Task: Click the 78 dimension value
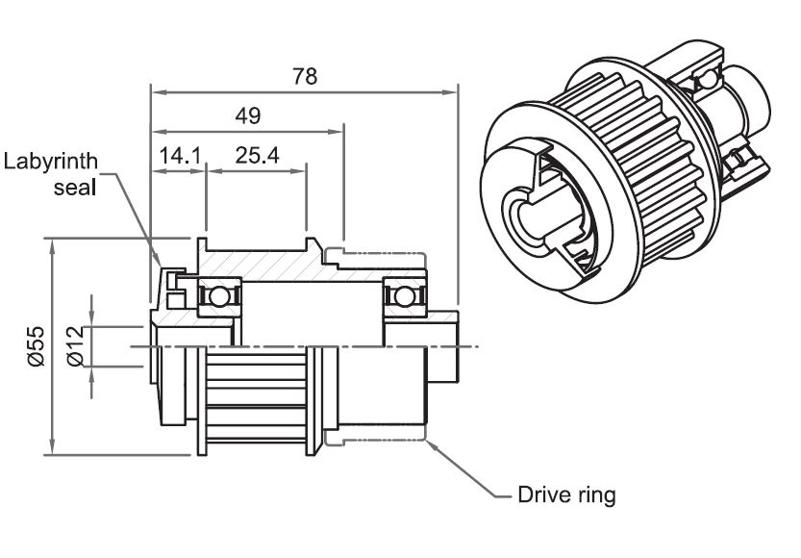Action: pyautogui.click(x=304, y=77)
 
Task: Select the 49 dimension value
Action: pyautogui.click(x=248, y=115)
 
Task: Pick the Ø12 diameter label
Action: pyautogui.click(x=76, y=345)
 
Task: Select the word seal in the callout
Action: pyautogui.click(x=74, y=187)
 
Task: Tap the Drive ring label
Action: pyautogui.click(x=566, y=496)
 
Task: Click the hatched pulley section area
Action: pyautogui.click(x=260, y=263)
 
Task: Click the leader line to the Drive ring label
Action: pyautogui.click(x=471, y=481)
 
